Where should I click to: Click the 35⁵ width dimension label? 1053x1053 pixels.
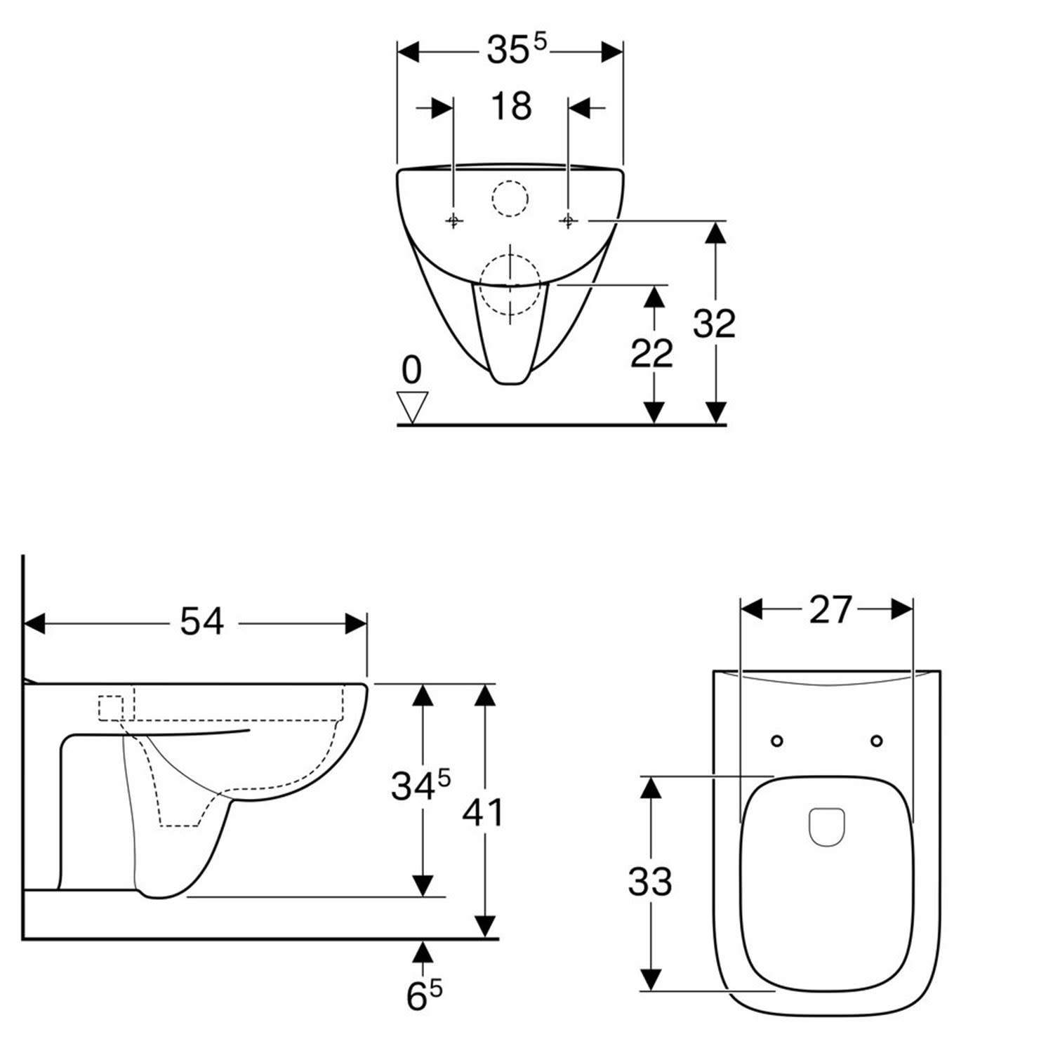516,50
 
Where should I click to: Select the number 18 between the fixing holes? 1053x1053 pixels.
511,107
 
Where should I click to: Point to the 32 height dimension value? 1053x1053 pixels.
714,324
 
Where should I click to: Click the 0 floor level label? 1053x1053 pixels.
412,370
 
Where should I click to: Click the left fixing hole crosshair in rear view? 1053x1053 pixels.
454,221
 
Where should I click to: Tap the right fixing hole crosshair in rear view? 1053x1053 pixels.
568,221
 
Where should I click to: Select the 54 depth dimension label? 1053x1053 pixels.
201,621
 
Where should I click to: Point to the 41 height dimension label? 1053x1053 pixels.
483,813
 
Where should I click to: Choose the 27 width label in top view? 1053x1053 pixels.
830,609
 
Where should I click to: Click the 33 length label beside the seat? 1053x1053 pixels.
650,882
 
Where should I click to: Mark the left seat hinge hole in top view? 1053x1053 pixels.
777,741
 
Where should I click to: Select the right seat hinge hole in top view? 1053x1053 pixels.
876,741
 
